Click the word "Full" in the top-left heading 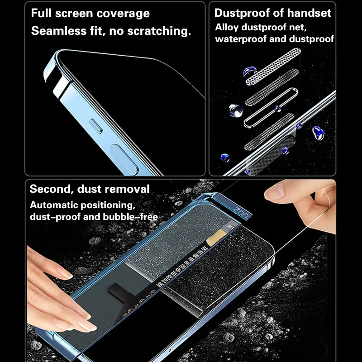click(x=41, y=13)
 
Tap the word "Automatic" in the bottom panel click(x=58, y=205)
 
